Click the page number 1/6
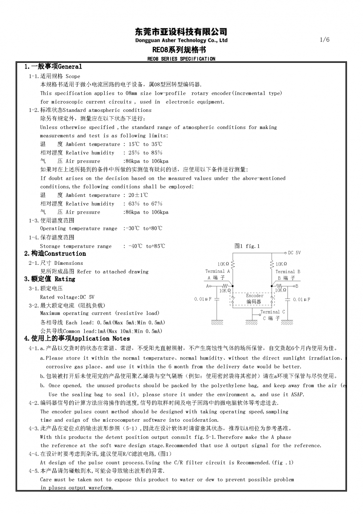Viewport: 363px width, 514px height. point(325,40)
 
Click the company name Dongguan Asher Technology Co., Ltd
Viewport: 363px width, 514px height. point(181,40)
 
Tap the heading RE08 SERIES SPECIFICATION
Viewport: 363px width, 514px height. point(181,59)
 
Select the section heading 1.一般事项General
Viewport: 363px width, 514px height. point(53,66)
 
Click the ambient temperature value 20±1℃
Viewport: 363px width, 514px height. point(138,195)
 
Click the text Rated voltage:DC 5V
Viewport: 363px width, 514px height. point(67,297)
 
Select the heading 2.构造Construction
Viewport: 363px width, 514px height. point(55,254)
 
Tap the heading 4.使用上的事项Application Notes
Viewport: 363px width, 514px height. point(77,339)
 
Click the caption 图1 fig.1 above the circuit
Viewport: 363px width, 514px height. point(247,246)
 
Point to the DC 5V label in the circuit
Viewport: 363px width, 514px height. point(294,253)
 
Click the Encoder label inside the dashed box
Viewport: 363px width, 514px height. point(254,296)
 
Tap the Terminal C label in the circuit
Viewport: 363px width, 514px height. point(273,312)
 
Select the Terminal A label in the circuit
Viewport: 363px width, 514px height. point(217,271)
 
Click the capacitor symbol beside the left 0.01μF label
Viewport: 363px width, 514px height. point(217,299)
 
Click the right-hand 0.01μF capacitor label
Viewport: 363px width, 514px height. point(301,299)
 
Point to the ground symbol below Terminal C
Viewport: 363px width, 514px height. point(252,322)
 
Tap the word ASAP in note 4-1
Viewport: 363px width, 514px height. point(297,394)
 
